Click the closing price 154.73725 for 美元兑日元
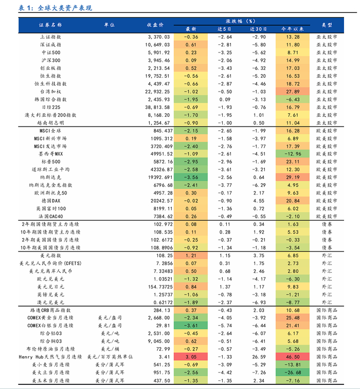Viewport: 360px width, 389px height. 155,286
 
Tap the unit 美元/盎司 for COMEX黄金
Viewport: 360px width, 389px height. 110,317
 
